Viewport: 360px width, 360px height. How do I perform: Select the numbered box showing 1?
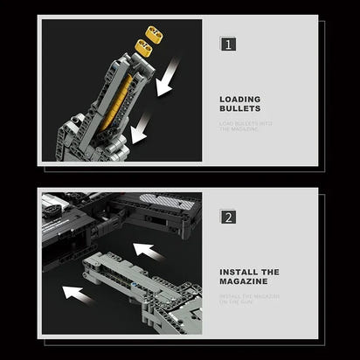pyautogui.click(x=226, y=43)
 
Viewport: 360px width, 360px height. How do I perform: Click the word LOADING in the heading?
pyautogui.click(x=239, y=99)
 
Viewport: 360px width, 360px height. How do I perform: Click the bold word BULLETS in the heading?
pyautogui.click(x=239, y=110)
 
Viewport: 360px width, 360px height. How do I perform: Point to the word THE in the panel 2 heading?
pyautogui.click(x=266, y=272)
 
